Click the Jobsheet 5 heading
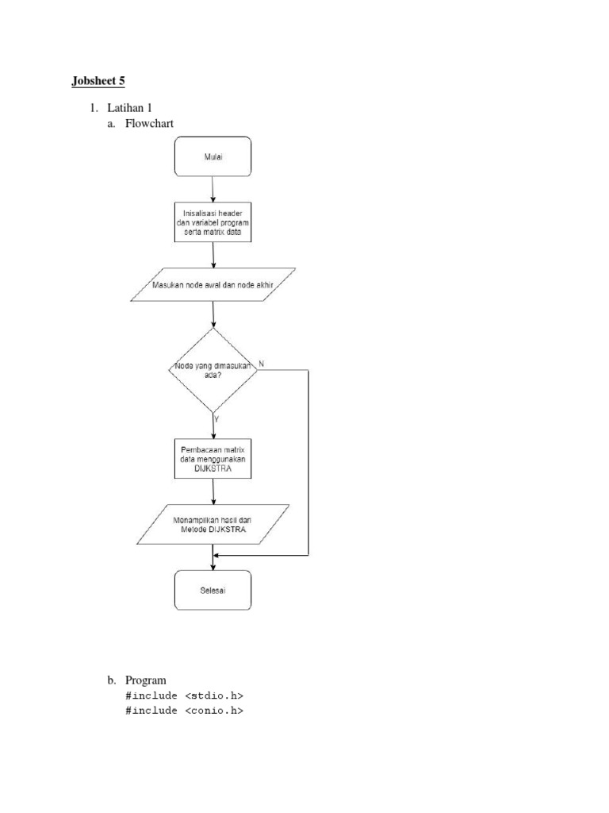(x=98, y=81)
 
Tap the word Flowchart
(x=149, y=123)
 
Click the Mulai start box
(x=213, y=156)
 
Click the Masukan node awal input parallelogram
(x=213, y=284)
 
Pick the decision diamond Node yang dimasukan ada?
(x=213, y=370)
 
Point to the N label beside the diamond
(x=262, y=363)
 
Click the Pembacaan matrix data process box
(x=213, y=460)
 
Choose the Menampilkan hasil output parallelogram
(x=213, y=524)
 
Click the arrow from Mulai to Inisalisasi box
(x=213, y=189)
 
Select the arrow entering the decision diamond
(x=213, y=314)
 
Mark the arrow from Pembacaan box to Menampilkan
(x=213, y=492)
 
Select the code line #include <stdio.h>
(x=184, y=695)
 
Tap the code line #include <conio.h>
(x=184, y=711)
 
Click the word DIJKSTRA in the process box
(x=212, y=470)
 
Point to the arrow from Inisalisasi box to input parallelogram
(x=213, y=254)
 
